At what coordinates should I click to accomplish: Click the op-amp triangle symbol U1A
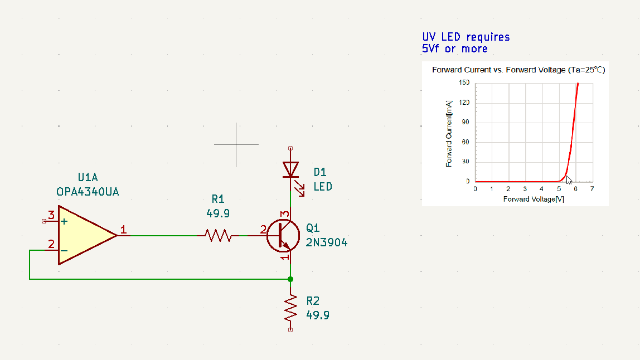84,235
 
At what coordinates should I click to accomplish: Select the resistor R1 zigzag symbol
218,236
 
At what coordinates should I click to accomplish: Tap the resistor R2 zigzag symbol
290,308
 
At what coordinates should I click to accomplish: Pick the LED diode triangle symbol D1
290,169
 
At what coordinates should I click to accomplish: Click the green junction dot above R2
290,279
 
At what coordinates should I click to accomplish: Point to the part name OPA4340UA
88,192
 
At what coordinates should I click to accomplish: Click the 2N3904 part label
327,242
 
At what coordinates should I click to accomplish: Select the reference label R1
218,199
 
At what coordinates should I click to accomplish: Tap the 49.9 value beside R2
318,315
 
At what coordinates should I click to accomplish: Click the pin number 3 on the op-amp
51,215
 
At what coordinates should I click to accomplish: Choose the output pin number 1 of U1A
123,230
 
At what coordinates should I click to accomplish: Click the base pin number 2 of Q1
263,230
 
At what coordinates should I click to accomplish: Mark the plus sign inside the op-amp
64,221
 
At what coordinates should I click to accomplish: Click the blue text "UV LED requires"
466,37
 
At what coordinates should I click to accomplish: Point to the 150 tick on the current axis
464,82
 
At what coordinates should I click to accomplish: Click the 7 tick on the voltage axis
592,189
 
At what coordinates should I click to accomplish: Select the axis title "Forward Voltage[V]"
534,199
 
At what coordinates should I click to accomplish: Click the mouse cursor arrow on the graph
569,180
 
